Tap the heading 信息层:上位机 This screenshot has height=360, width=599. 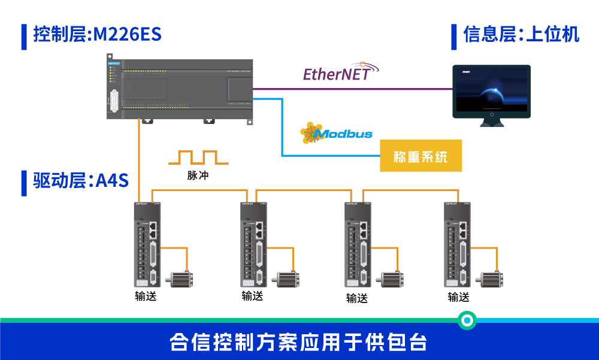pos(521,34)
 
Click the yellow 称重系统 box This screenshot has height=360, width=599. pos(420,156)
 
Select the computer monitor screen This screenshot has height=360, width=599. pos(491,90)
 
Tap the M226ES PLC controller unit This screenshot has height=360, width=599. pos(180,89)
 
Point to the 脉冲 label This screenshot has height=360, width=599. pos(198,176)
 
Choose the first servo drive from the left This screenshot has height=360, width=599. pos(147,244)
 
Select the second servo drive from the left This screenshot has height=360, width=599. pos(253,244)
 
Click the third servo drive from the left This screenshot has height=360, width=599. pos(358,244)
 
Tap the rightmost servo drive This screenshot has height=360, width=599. pos(457,244)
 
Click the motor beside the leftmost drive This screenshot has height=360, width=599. pos(180,280)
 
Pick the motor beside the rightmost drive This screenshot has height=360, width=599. pos(491,280)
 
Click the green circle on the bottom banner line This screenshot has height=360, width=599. pos(467,320)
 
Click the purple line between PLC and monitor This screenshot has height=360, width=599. pos(353,89)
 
